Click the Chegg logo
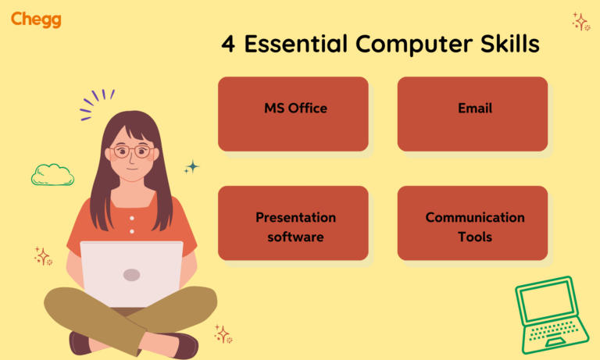pos(36,20)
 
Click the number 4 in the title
pos(228,44)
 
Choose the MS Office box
pos(293,113)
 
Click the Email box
pos(473,113)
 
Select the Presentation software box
pos(293,223)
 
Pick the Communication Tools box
pos(473,223)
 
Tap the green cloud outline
pos(52,175)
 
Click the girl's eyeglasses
pos(130,151)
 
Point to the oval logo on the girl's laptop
pos(131,275)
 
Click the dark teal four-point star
pos(191,167)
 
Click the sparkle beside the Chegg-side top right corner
pos(580,20)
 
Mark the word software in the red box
pos(295,236)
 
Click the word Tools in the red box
pos(475,236)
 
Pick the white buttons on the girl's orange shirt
pos(131,224)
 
